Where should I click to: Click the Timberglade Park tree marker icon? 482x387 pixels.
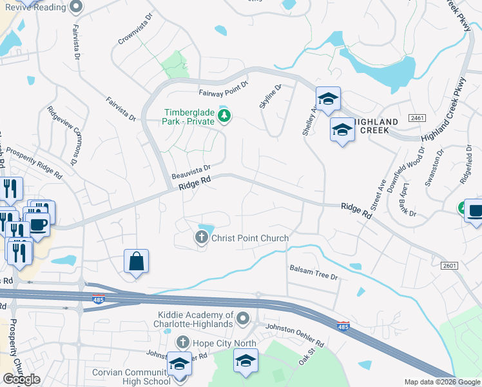(x=224, y=116)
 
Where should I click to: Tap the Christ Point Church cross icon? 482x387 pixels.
(x=201, y=238)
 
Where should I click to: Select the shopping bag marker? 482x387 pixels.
(x=136, y=262)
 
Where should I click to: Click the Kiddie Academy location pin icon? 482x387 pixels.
(x=243, y=318)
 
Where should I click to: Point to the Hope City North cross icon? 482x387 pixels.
(x=183, y=342)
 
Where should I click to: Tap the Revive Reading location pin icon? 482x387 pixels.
(x=76, y=8)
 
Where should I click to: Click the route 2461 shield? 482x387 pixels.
(x=418, y=118)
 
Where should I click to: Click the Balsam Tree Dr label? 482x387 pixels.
(x=313, y=272)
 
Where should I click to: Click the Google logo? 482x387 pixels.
(x=21, y=379)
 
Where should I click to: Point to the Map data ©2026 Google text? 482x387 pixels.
(x=442, y=382)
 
